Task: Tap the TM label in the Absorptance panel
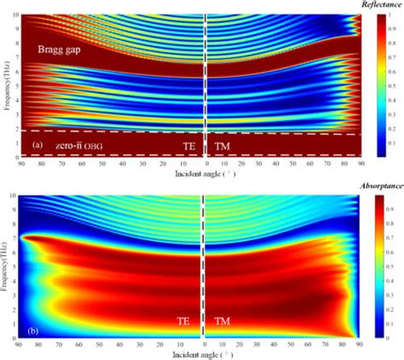pos(222,322)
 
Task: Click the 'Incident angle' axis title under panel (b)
pos(203,351)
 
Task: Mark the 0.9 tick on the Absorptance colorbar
pos(390,206)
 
